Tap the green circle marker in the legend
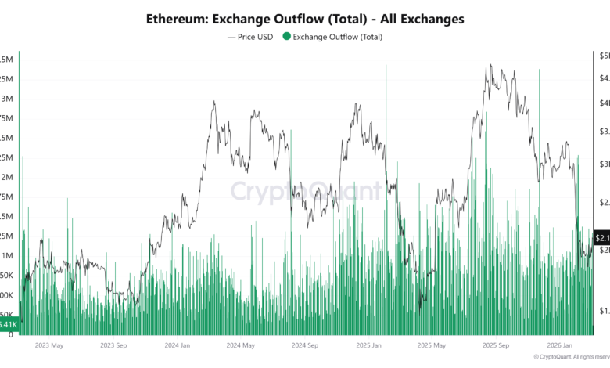pyautogui.click(x=286, y=36)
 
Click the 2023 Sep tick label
pyautogui.click(x=115, y=345)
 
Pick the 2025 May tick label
pyautogui.click(x=433, y=345)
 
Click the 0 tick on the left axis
pyautogui.click(x=10, y=334)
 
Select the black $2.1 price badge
pyautogui.click(x=601, y=237)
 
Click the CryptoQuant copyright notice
pyautogui.click(x=571, y=357)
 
